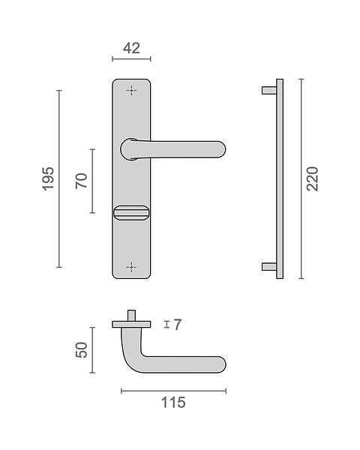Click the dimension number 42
tap(131, 48)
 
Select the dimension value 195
tap(48, 178)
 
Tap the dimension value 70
tap(81, 181)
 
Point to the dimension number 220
tap(312, 178)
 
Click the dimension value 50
tap(81, 349)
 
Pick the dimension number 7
tap(178, 325)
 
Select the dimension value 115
tap(173, 402)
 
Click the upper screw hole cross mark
tap(131, 91)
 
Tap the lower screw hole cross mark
tap(131, 267)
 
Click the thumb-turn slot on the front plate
tap(131, 213)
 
